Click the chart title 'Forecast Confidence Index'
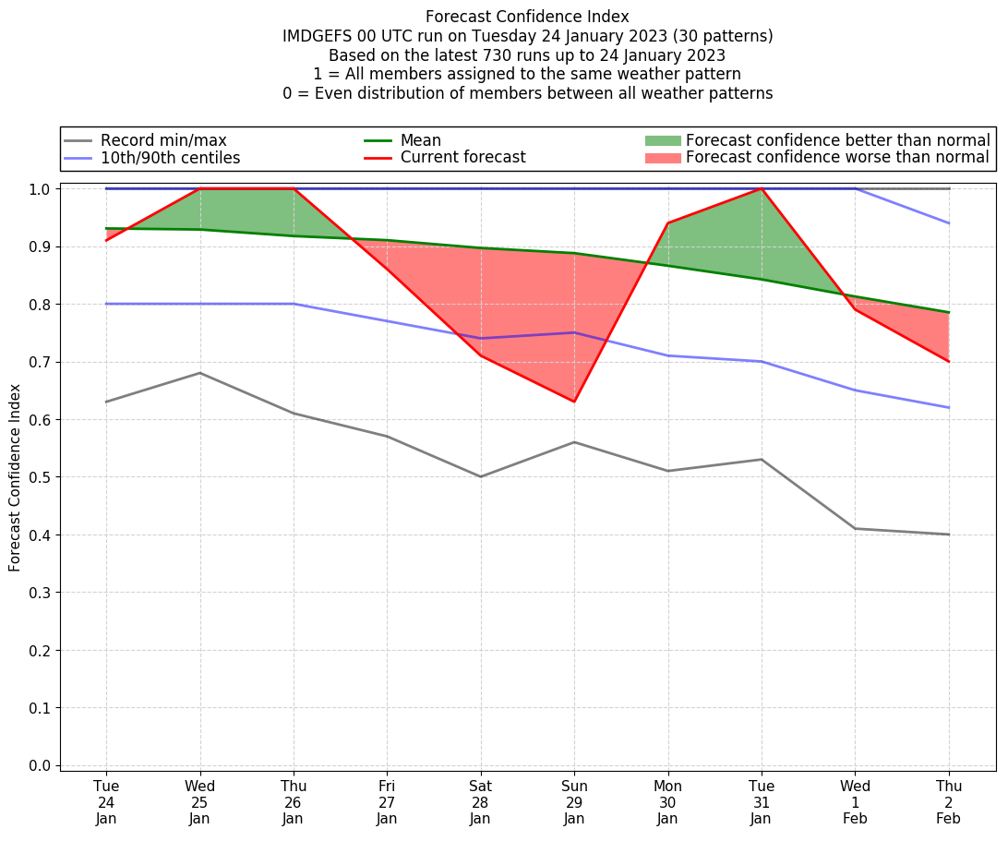(x=527, y=17)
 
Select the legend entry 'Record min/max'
(x=163, y=140)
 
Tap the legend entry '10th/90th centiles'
(x=170, y=158)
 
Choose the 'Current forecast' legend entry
(x=462, y=158)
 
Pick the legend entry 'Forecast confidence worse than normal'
(x=837, y=158)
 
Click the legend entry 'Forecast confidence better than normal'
(x=837, y=140)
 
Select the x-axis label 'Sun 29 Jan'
(x=574, y=802)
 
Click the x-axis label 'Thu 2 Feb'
(x=949, y=802)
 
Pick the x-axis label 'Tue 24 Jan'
(x=106, y=802)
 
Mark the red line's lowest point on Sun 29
(x=574, y=402)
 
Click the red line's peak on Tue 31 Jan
(x=762, y=188)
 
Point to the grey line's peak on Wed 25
(x=199, y=373)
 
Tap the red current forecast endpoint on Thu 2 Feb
(x=949, y=361)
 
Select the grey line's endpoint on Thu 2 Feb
(x=949, y=535)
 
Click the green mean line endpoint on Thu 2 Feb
(x=949, y=312)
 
